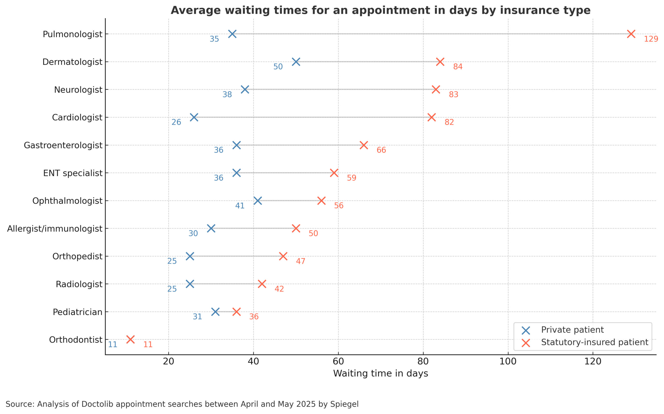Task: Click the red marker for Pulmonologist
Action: tap(631, 34)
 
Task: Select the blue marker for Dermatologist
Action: tap(296, 62)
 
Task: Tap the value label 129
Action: tap(651, 39)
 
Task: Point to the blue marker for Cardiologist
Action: tap(194, 117)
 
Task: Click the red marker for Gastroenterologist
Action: tap(364, 145)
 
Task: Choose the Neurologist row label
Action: tap(78, 89)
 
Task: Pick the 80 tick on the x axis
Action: tap(423, 362)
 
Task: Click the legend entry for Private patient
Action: tap(572, 330)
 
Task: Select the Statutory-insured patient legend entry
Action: tap(594, 342)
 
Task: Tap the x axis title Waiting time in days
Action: tap(381, 374)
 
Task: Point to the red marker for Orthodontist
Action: tap(130, 340)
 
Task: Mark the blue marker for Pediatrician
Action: tap(215, 312)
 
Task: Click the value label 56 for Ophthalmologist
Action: tap(338, 206)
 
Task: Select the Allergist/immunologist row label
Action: tap(54, 228)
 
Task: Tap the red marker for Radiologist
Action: tap(262, 284)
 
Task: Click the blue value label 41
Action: tap(240, 206)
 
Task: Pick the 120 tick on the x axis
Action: tap(593, 362)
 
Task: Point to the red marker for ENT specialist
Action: tap(334, 173)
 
